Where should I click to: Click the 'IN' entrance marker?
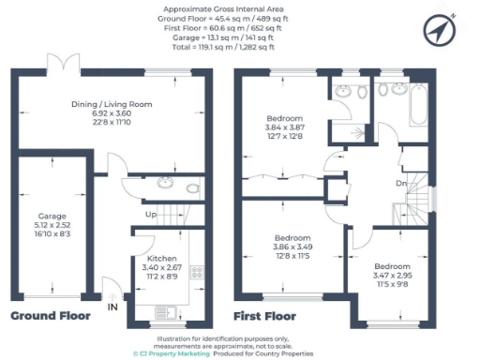click(112, 307)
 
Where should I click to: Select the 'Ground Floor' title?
click(51, 316)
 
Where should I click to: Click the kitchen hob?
click(198, 273)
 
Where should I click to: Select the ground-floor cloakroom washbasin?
click(166, 182)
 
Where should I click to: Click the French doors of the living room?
click(63, 68)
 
